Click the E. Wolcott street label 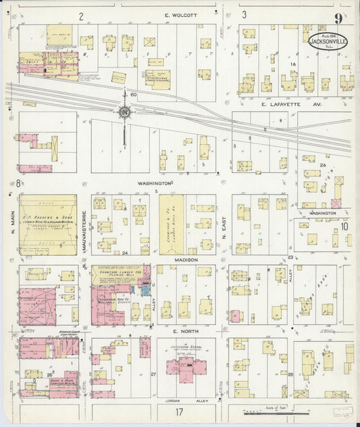click(x=180, y=15)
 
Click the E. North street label click(x=183, y=331)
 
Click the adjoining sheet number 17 click(x=180, y=411)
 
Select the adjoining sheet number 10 click(x=344, y=226)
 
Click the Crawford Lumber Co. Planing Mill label click(x=120, y=272)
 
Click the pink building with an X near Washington click(x=336, y=203)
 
